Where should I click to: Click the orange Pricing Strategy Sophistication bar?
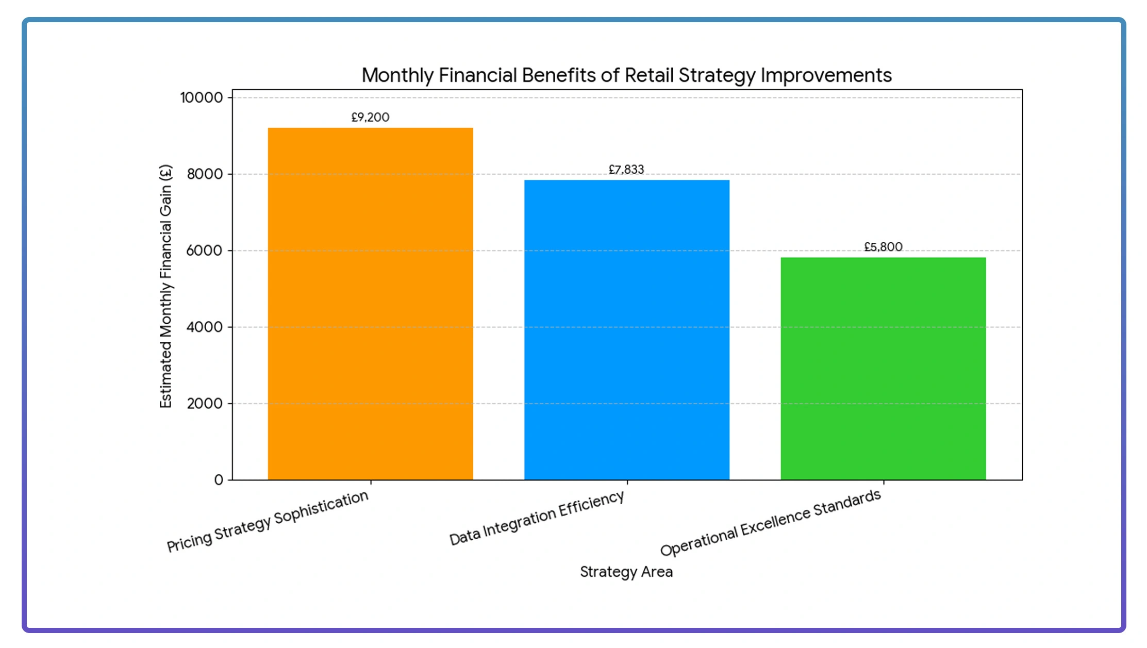click(x=370, y=304)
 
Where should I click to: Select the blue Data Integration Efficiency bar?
click(x=626, y=330)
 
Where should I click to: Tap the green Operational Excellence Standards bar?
click(x=883, y=369)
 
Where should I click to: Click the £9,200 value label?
click(x=370, y=118)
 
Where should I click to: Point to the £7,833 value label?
click(x=626, y=170)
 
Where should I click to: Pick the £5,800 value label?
click(x=883, y=247)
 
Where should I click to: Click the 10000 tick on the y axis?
click(x=202, y=97)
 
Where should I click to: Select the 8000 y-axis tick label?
click(x=205, y=174)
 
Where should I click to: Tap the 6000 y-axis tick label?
click(x=205, y=251)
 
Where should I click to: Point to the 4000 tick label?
click(x=205, y=327)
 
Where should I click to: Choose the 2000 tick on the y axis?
click(x=205, y=403)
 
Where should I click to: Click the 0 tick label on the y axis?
click(x=219, y=480)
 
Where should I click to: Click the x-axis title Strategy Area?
click(x=626, y=572)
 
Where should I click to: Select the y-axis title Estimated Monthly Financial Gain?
click(x=165, y=287)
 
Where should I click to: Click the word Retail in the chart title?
click(x=649, y=75)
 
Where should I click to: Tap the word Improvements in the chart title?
click(x=826, y=75)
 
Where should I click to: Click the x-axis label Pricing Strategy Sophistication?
click(x=268, y=521)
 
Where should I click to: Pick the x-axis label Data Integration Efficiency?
click(x=537, y=518)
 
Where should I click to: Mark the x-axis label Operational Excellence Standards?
click(x=770, y=522)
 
